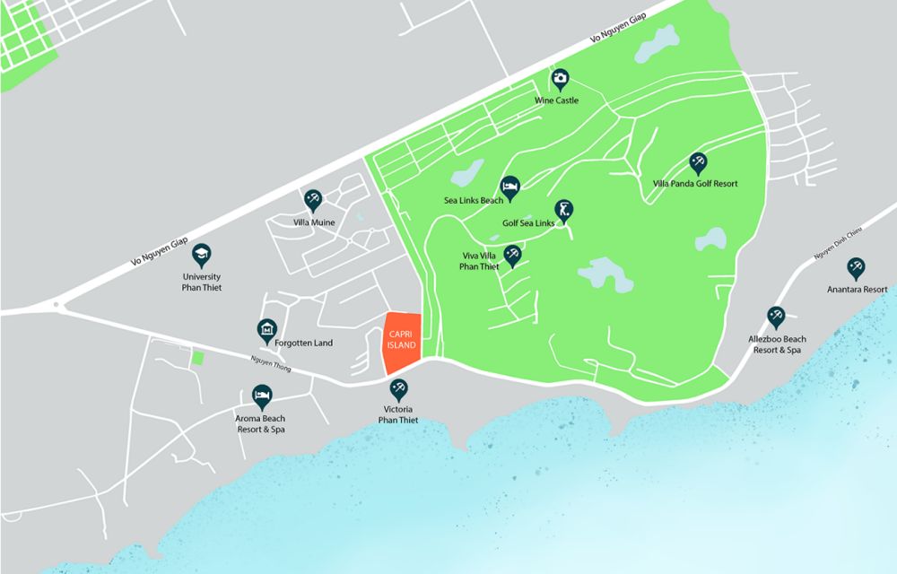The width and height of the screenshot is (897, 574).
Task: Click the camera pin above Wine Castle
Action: pos(561,79)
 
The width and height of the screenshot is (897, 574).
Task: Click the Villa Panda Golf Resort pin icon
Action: pos(698,162)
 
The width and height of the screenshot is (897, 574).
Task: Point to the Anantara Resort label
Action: pos(857,289)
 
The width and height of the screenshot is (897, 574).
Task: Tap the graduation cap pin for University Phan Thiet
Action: pos(201,254)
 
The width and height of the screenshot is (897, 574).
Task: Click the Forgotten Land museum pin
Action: pos(266,330)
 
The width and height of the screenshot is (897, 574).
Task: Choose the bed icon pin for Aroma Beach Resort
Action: pos(262,395)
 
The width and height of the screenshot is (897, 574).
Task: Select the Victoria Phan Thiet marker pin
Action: pos(399,389)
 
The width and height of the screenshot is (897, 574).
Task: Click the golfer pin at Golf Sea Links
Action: pos(563,210)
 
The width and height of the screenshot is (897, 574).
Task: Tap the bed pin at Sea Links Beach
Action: pos(510,186)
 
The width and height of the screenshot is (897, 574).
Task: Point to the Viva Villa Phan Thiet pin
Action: pos(512,255)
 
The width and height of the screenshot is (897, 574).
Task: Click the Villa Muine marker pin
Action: pos(313,199)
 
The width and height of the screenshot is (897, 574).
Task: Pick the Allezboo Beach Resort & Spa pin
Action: pos(776,317)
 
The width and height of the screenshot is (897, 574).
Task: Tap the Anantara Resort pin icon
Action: pos(857,267)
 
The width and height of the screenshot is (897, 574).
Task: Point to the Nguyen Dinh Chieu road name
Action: pos(838,244)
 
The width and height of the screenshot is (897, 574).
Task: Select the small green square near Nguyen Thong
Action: pos(197,358)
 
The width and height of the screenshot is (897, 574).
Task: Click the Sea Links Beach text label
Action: pos(474,201)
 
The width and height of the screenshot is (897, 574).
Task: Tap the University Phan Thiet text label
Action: pos(201,283)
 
